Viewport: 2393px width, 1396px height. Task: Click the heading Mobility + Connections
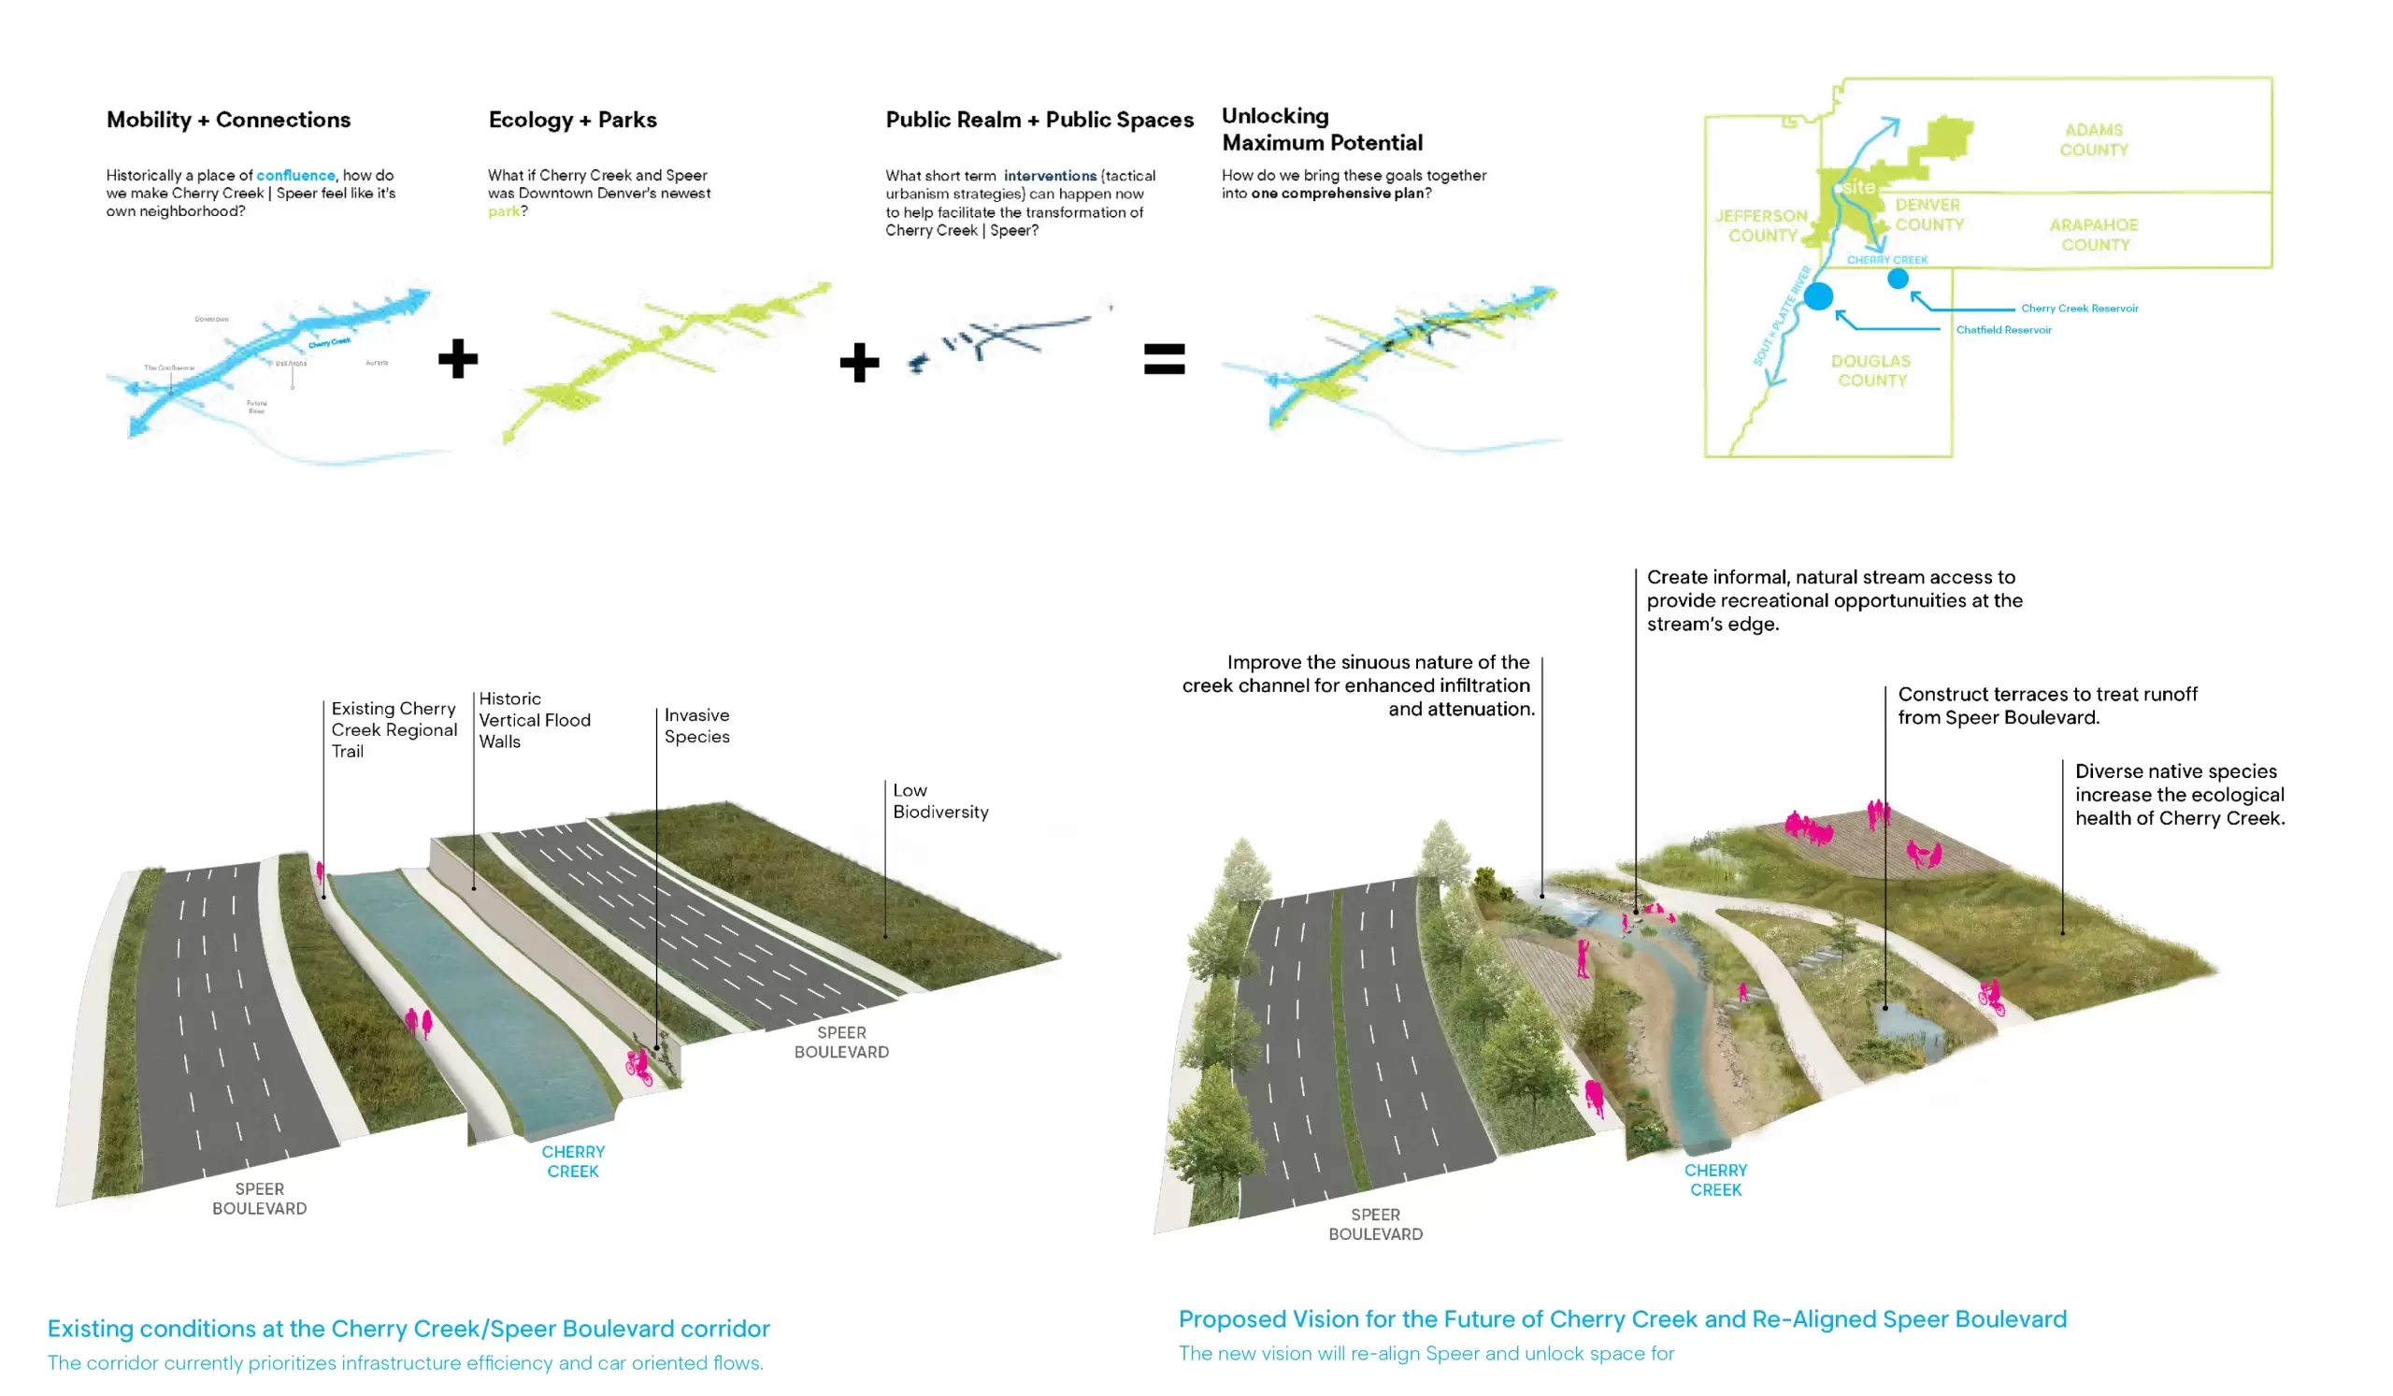228,120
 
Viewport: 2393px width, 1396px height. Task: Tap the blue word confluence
295,176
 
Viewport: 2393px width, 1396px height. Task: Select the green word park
503,210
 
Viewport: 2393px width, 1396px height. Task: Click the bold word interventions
1050,176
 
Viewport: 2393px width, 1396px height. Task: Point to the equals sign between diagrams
1164,359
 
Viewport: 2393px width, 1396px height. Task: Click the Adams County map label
2093,139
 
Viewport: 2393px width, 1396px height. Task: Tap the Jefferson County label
1761,226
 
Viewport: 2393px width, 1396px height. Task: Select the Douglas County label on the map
1870,370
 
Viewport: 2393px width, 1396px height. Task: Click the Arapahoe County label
2093,235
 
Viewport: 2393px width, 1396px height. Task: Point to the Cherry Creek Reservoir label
2079,309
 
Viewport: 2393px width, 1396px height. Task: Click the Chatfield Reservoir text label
2002,330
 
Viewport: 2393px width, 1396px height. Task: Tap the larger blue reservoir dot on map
1817,296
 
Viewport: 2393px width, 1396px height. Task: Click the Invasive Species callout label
697,726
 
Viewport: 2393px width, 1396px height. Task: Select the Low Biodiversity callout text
939,800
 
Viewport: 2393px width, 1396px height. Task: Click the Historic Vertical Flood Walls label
534,720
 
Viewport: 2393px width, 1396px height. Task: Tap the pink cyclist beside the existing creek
638,1067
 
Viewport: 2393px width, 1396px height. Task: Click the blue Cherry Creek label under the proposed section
1715,1179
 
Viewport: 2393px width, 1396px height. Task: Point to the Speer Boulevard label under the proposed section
1375,1224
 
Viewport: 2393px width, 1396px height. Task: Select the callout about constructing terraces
2046,706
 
